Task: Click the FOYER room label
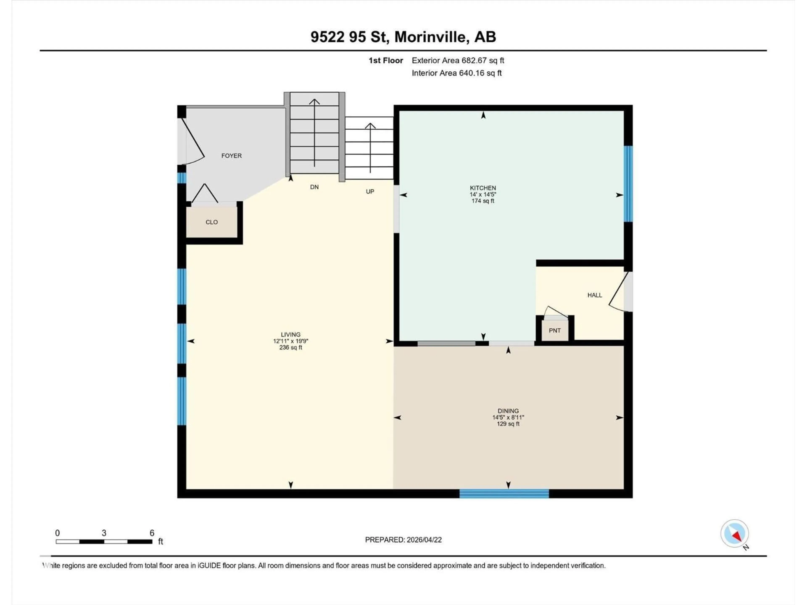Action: coord(231,156)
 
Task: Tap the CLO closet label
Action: coord(212,222)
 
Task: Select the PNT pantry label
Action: coord(555,330)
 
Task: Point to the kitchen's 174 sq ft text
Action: coord(483,201)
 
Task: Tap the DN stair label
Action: coord(314,187)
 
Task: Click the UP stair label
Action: coord(370,191)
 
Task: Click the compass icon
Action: coord(734,534)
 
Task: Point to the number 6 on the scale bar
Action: coord(152,533)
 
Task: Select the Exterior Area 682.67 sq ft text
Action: coord(458,60)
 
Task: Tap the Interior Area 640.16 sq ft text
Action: coord(456,73)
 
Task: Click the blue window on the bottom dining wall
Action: coord(504,494)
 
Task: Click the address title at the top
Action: coord(403,37)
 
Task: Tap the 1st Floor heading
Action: coord(386,60)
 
